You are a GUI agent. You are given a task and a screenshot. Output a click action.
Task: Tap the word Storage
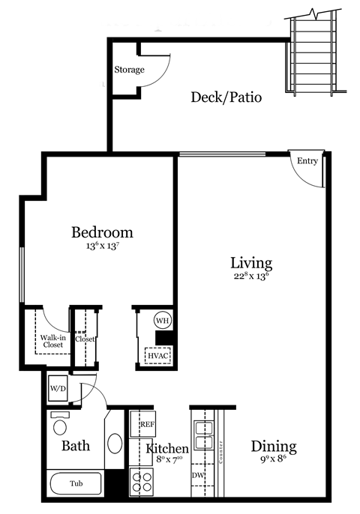129,70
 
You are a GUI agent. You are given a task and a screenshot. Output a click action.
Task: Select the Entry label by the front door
307,160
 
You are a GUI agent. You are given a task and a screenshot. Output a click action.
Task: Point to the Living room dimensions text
250,276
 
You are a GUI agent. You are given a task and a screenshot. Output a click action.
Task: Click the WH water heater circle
163,320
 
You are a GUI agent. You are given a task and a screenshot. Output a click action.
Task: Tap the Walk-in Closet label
52,341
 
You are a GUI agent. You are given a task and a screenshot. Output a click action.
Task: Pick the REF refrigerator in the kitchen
148,424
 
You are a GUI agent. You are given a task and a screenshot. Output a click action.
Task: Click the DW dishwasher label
198,475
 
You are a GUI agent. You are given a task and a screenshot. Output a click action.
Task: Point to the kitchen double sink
203,432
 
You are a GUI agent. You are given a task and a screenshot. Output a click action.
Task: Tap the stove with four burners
141,480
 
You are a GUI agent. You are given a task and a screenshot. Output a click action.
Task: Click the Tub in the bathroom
76,484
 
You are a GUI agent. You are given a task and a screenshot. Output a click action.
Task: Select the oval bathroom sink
115,443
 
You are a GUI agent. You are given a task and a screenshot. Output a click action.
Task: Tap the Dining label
274,447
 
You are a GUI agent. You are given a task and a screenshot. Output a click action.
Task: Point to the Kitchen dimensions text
169,462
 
